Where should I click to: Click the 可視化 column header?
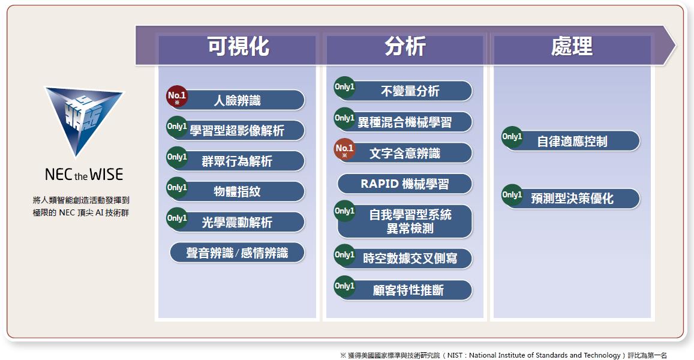coord(238,46)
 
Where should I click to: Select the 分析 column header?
coord(404,46)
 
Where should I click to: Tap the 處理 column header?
coord(572,46)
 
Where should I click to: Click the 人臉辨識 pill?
coord(238,100)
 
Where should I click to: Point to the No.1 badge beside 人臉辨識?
coord(176,97)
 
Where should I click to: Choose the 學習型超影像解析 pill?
coord(238,131)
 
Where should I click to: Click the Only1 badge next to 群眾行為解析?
coord(176,157)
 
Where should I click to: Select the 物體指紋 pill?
coord(238,191)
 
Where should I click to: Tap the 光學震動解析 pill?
coord(238,222)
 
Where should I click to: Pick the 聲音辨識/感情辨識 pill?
coord(238,253)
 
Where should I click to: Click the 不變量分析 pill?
coord(404,91)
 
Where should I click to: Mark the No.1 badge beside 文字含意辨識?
coord(344,149)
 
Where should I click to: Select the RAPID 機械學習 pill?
coord(404,184)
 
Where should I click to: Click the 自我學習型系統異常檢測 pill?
coord(404,221)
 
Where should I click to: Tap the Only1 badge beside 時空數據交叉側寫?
coord(344,255)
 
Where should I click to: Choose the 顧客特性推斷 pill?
coord(404,290)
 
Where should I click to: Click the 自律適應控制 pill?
coord(572,141)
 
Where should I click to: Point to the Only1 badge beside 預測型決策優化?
coord(512,195)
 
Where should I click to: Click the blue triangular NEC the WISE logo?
coord(83,119)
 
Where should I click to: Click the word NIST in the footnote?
coord(455,355)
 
